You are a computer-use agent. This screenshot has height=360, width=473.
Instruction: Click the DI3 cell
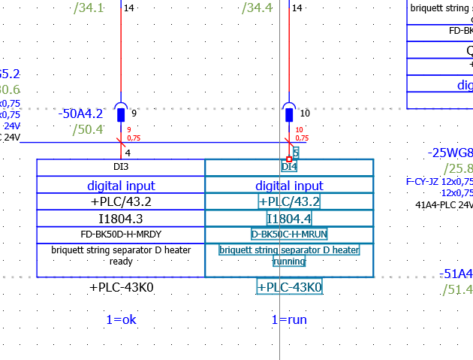pos(121,167)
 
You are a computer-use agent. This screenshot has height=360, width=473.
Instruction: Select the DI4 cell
pos(289,167)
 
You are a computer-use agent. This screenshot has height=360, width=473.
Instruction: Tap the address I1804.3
pos(121,218)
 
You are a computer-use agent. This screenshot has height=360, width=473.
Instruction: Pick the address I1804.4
pos(289,219)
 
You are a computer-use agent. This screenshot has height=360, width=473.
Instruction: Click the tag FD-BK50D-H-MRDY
pos(121,234)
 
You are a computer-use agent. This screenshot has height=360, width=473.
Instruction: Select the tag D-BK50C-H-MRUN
pos(289,234)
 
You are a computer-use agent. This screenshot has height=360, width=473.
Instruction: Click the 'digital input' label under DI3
pos(121,185)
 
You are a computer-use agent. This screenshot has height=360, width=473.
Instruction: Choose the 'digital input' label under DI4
pos(289,185)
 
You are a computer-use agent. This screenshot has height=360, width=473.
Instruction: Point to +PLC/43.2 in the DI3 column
pos(121,201)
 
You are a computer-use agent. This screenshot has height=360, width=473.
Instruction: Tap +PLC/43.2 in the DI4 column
pos(289,201)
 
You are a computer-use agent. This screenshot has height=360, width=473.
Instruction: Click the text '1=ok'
pos(121,319)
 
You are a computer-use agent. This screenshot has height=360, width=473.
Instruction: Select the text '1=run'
pos(289,319)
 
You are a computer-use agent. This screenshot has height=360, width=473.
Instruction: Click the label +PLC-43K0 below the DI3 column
pos(121,287)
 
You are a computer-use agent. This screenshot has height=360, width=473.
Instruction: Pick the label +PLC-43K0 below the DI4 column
pos(289,287)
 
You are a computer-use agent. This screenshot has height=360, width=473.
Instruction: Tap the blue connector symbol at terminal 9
pos(121,113)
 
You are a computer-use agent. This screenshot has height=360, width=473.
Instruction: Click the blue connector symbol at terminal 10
pos(289,113)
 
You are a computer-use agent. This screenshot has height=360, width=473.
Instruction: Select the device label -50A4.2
pos(80,113)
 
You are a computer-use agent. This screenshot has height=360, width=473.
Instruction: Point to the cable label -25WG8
pos(450,153)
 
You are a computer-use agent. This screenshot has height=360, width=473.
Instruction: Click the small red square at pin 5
pos(289,159)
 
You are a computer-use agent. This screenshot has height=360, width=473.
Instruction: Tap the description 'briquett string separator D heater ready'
pos(121,256)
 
